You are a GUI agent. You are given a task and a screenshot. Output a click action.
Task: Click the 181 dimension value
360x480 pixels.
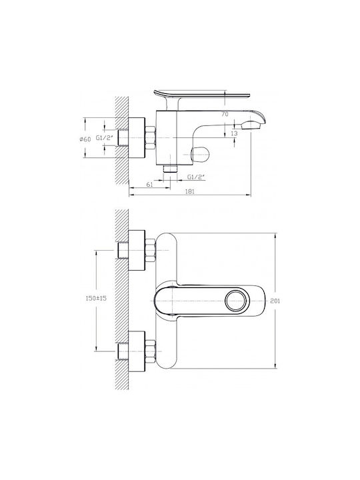point(190,191)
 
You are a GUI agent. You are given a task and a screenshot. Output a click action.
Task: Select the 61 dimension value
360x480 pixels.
point(149,184)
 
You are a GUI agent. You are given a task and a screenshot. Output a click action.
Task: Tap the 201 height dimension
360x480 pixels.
point(275,301)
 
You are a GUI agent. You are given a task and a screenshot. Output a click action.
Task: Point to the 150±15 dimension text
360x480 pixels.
point(96,298)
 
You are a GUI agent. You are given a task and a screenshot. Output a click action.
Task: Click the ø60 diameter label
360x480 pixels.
point(85,139)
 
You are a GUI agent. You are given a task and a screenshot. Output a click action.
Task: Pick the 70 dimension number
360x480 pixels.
point(225,114)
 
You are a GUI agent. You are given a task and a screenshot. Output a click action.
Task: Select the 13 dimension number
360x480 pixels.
point(234,133)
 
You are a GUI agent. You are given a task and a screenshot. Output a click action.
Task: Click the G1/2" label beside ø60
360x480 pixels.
point(105,138)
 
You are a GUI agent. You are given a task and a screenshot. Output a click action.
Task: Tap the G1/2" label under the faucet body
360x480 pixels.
point(196,177)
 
